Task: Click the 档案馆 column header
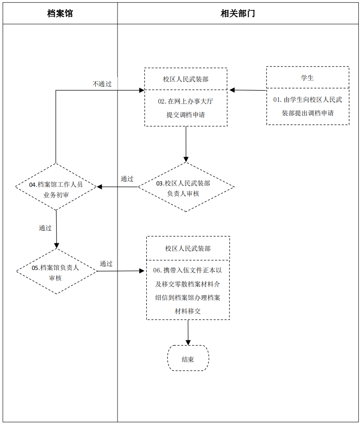(x=60, y=13)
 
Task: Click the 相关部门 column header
(x=238, y=13)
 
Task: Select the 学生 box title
(x=307, y=78)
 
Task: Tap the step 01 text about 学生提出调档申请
(x=307, y=106)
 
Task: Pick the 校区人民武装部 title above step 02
(x=185, y=79)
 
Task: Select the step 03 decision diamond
(x=186, y=188)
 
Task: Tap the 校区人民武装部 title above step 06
(x=188, y=249)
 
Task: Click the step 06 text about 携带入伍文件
(x=188, y=291)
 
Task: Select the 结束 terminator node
(x=188, y=359)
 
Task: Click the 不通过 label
(x=102, y=84)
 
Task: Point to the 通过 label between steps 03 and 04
(x=127, y=179)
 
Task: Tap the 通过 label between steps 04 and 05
(x=45, y=228)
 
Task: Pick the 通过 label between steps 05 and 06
(x=106, y=263)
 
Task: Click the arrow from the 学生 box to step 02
(x=248, y=90)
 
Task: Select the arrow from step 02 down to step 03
(x=186, y=144)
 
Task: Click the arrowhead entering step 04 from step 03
(x=100, y=187)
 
